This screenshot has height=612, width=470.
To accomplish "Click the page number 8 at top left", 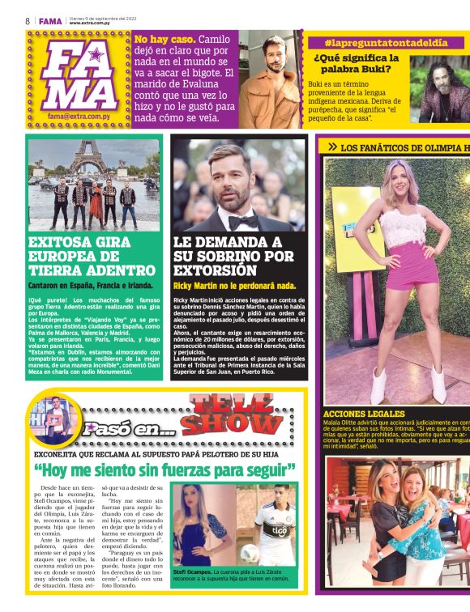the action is [x=28, y=20].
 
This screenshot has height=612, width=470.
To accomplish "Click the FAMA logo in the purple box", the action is [x=80, y=75].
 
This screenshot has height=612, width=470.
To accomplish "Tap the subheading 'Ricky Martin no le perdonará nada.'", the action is [x=234, y=286].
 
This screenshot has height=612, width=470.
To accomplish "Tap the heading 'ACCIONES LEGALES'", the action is [x=363, y=414].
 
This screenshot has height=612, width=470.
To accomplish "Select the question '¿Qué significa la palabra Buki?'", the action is [x=357, y=64].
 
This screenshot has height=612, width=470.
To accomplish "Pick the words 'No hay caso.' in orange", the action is [x=164, y=39].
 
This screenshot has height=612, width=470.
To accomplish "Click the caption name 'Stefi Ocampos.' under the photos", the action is [x=191, y=572].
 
